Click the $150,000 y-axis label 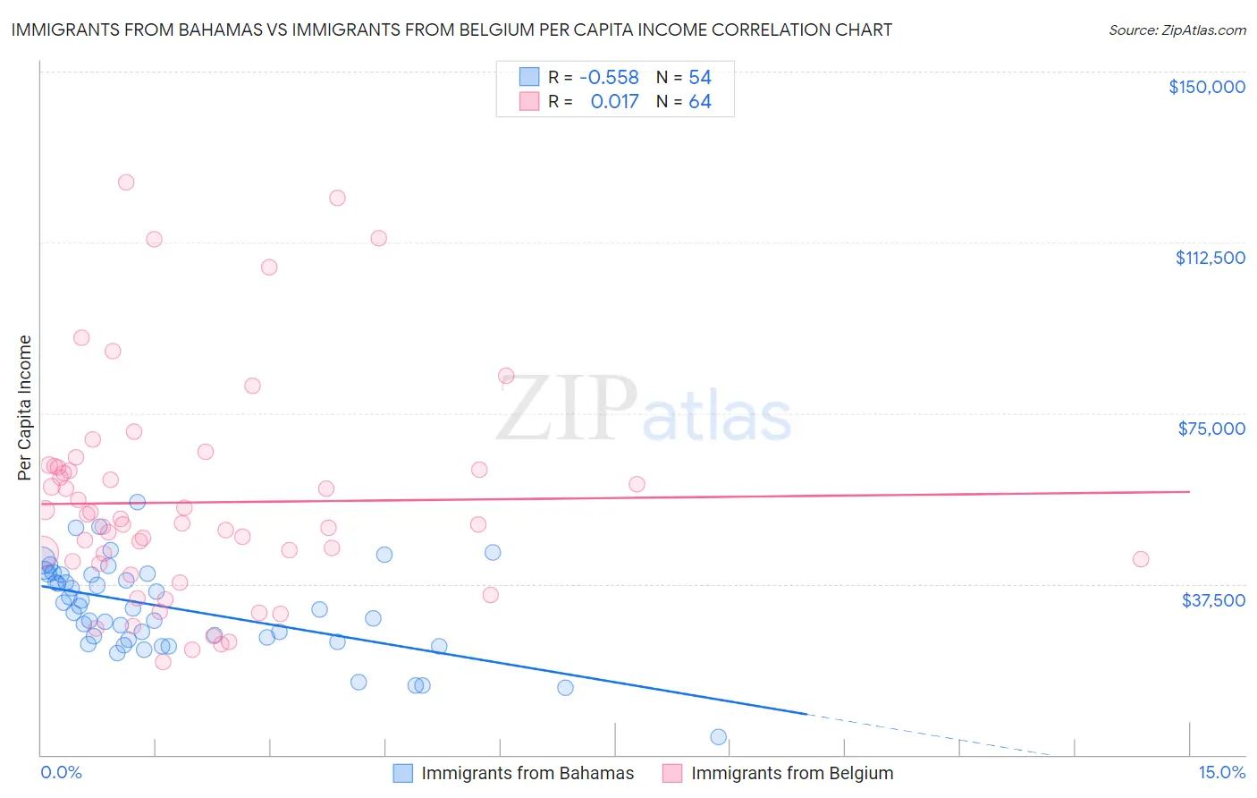click(1206, 87)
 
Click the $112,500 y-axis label click(1210, 258)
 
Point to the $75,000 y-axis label click(1211, 429)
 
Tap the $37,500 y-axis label click(1213, 600)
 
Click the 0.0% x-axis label click(61, 773)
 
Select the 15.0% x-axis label click(1221, 773)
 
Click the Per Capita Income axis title click(25, 407)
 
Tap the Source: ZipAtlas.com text click(1177, 30)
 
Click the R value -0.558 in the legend click(609, 77)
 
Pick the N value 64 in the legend click(699, 102)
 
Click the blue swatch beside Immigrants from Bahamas click(403, 773)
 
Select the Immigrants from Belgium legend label click(791, 773)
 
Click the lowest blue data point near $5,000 click(718, 737)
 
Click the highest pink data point click(126, 183)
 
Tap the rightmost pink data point click(1140, 559)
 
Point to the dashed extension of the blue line click(930, 734)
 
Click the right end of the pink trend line click(1189, 491)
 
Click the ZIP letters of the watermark click(567, 410)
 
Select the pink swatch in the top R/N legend click(529, 102)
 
